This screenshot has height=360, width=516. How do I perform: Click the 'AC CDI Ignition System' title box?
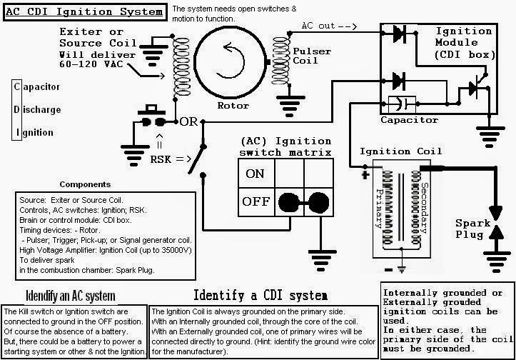coord(85,12)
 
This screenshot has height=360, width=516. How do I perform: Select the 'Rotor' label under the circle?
coord(233,106)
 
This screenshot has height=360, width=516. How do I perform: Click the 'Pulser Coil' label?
coord(312,56)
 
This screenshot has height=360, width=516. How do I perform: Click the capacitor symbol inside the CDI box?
coord(402,104)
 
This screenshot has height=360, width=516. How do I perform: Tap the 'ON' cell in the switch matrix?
coord(256,174)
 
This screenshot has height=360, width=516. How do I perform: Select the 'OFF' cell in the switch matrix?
coord(256,201)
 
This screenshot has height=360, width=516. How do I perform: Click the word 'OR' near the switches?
coord(189,122)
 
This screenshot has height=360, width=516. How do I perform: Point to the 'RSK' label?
coord(161,159)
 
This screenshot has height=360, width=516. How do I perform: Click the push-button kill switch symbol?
coord(152,116)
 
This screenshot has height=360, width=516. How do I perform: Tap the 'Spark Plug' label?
coord(472,229)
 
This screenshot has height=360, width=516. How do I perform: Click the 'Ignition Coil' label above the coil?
coord(400,151)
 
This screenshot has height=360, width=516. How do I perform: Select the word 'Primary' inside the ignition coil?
coord(379,209)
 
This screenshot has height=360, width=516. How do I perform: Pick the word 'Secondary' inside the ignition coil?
coord(425,208)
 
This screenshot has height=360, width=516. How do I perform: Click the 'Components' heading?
coord(85,184)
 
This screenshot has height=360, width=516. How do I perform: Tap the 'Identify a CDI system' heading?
coord(260,295)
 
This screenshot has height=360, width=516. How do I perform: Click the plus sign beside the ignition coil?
coord(365,175)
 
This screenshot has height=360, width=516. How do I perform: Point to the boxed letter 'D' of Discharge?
coord(17,109)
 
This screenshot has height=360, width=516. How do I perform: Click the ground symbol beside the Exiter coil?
coord(152,53)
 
